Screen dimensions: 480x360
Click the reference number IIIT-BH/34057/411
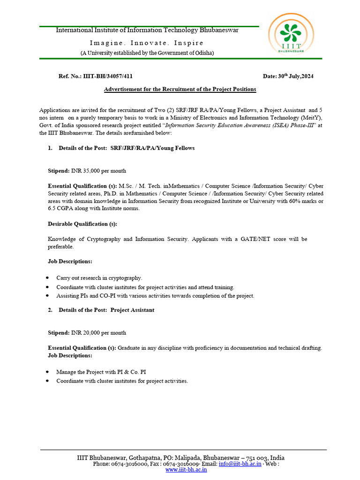click(x=111, y=76)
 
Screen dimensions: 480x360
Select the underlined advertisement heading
click(x=180, y=89)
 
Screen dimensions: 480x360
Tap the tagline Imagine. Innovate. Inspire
click(x=147, y=43)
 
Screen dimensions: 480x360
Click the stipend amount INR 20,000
click(x=98, y=333)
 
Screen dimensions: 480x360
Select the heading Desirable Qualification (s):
click(x=82, y=224)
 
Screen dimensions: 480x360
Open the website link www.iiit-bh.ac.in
click(x=186, y=470)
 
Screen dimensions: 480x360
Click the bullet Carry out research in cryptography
click(x=99, y=278)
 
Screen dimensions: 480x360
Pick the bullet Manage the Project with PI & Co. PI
click(x=101, y=372)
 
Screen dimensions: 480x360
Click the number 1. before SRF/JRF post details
click(x=50, y=148)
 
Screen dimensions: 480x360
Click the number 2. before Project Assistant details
click(x=50, y=310)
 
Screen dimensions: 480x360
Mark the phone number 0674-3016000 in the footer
click(x=128, y=464)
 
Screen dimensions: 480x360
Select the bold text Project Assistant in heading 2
click(x=132, y=310)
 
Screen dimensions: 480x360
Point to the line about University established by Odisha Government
click(x=147, y=53)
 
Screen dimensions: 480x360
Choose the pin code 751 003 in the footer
click(x=257, y=457)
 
